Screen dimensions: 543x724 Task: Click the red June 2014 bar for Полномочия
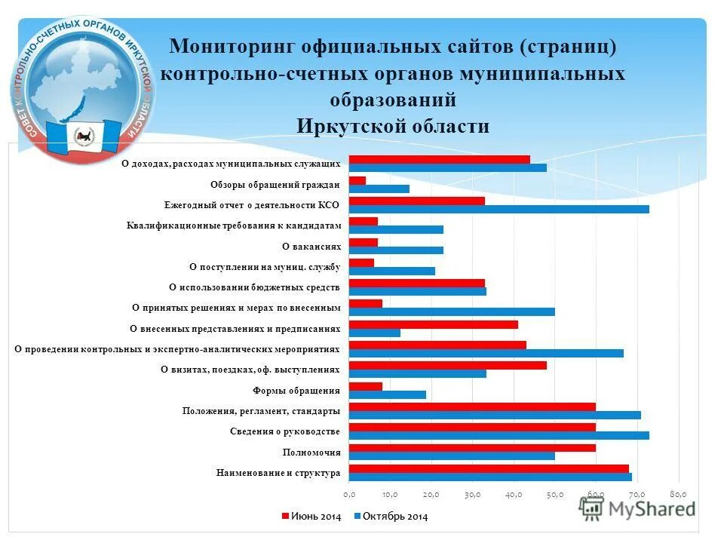(472, 447)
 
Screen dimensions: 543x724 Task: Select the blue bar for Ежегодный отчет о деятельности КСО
(499, 209)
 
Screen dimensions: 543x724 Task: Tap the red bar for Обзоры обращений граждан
(357, 180)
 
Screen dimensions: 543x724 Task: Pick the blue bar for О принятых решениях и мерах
(452, 311)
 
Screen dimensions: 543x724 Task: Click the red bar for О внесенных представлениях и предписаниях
(433, 324)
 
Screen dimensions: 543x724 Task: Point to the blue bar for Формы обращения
(387, 394)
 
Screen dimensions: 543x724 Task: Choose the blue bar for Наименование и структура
(490, 477)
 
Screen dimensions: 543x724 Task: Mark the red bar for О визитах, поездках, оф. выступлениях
(447, 365)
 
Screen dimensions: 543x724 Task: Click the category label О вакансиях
(311, 246)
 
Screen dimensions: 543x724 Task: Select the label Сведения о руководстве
(284, 431)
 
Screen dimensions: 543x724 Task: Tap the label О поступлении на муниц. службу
(265, 266)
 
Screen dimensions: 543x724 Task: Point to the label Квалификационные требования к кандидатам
(234, 225)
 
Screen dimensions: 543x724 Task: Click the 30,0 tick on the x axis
(473, 495)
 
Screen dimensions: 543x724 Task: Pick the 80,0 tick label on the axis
(679, 495)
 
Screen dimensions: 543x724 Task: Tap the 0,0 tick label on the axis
(349, 495)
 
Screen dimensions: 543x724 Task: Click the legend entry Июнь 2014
(311, 517)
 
